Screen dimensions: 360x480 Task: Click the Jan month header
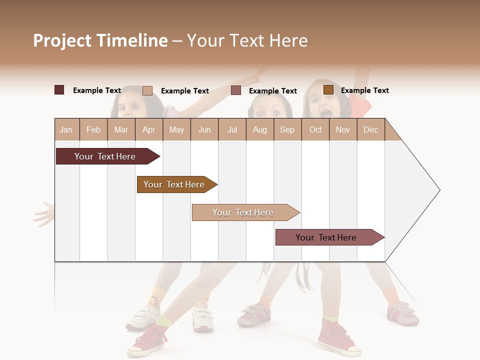[66, 129]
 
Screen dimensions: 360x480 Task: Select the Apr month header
[149, 129]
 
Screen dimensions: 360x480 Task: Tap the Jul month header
[232, 129]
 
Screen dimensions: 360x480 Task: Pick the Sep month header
[287, 129]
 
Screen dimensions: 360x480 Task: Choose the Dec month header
[370, 129]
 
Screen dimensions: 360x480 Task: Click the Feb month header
[93, 129]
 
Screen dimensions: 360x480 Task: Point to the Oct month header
[315, 129]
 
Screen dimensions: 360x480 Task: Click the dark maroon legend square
[59, 90]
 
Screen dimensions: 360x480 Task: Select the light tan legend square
[147, 90]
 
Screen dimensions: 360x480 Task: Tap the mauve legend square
[236, 90]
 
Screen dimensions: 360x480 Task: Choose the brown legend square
[328, 90]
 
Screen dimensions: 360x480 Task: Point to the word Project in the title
[62, 40]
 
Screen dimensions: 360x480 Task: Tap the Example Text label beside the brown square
[364, 90]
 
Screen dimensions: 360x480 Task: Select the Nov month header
[343, 129]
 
